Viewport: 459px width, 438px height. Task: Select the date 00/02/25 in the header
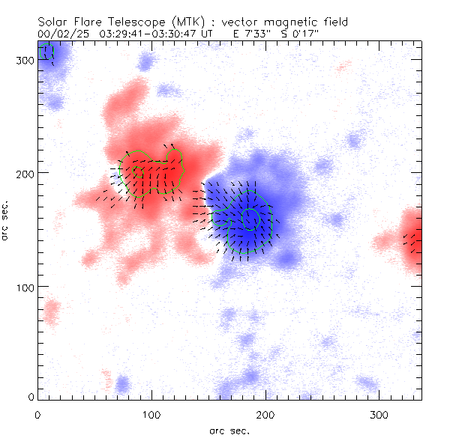coord(59,34)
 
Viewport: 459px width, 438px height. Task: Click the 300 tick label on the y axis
coord(26,60)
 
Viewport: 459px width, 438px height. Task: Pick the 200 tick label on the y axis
coord(26,173)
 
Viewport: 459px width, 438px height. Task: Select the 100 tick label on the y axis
coord(26,287)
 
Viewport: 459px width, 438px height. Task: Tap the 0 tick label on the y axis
coord(32,397)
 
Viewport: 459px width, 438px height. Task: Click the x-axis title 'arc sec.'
coord(229,430)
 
